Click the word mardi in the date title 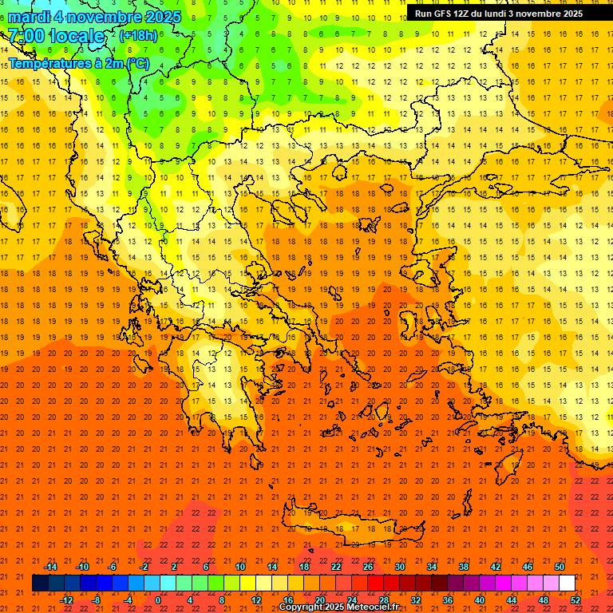pyautogui.click(x=30, y=17)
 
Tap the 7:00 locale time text pyautogui.click(x=56, y=36)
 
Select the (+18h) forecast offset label pyautogui.click(x=138, y=36)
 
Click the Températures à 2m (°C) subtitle pyautogui.click(x=78, y=62)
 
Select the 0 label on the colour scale pyautogui.click(x=158, y=600)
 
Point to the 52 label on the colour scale pyautogui.click(x=575, y=600)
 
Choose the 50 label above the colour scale pyautogui.click(x=560, y=567)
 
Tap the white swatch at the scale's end pyautogui.click(x=567, y=583)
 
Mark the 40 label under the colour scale pyautogui.click(x=480, y=600)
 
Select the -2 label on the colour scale pyautogui.click(x=144, y=567)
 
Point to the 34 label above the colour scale pyautogui.click(x=432, y=567)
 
